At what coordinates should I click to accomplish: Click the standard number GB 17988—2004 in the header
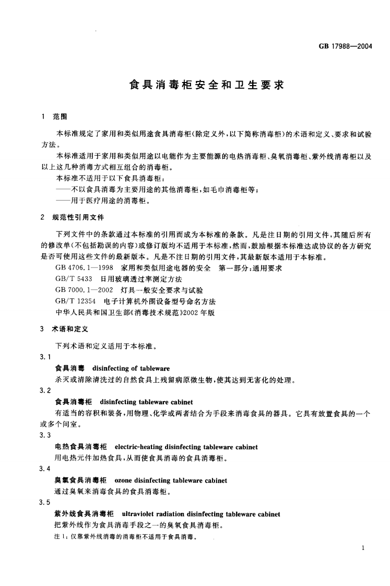345,46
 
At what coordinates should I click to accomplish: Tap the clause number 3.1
45,357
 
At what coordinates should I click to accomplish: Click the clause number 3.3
45,435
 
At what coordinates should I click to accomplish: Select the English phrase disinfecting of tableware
134,369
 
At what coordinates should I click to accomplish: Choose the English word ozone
123,480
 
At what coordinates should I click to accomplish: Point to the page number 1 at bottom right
362,548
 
